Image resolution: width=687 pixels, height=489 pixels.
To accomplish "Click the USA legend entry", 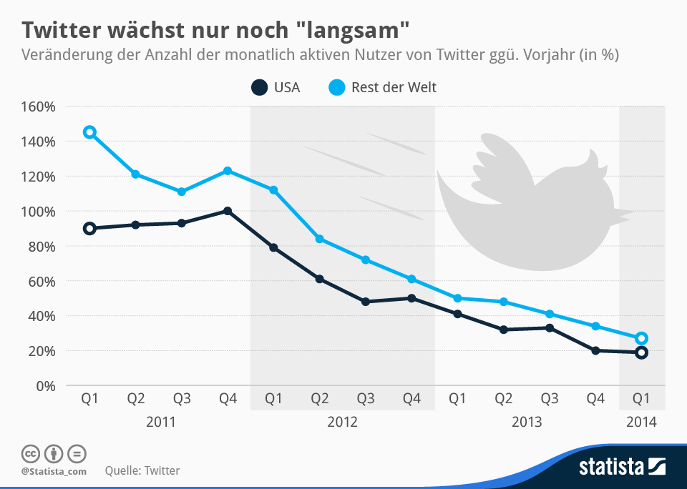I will [276, 88].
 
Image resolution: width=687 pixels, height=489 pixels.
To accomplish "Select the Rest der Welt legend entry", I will [382, 88].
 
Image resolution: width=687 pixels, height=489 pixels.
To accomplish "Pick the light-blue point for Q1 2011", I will [89, 132].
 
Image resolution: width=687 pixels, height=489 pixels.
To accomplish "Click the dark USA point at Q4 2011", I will [228, 211].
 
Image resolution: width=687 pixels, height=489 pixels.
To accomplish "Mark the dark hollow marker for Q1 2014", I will [641, 352].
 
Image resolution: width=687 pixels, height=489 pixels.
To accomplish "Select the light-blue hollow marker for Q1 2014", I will [641, 338].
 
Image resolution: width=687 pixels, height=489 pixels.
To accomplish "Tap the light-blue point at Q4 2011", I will [228, 171].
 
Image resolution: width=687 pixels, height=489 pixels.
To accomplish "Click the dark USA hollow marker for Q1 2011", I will [89, 229].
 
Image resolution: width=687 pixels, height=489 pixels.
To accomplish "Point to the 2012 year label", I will [342, 422].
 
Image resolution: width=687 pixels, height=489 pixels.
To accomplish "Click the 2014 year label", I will [641, 422].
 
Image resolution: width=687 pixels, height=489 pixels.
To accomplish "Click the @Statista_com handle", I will [54, 471].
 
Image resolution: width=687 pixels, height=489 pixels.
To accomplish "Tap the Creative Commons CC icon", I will [31, 453].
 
